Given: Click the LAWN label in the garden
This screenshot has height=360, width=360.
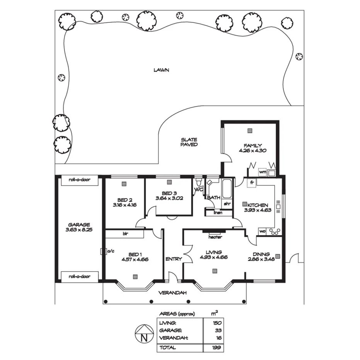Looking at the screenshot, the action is click(161, 70).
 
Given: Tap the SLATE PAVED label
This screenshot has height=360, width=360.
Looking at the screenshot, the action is click(189, 142).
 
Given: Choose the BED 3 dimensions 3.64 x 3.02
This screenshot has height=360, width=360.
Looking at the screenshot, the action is click(169, 198).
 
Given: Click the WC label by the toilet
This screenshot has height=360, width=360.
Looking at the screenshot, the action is click(199, 190).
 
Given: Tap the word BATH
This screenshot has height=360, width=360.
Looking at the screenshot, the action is click(214, 197).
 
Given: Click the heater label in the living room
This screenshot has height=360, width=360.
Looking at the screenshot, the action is click(215, 237).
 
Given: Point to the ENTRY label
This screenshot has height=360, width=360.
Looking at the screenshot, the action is click(173, 259).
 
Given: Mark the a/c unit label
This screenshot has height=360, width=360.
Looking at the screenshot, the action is click(110, 251).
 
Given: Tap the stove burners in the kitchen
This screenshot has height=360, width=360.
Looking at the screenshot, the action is click(275, 232).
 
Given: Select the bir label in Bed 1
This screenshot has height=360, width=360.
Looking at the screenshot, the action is click(125, 234).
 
